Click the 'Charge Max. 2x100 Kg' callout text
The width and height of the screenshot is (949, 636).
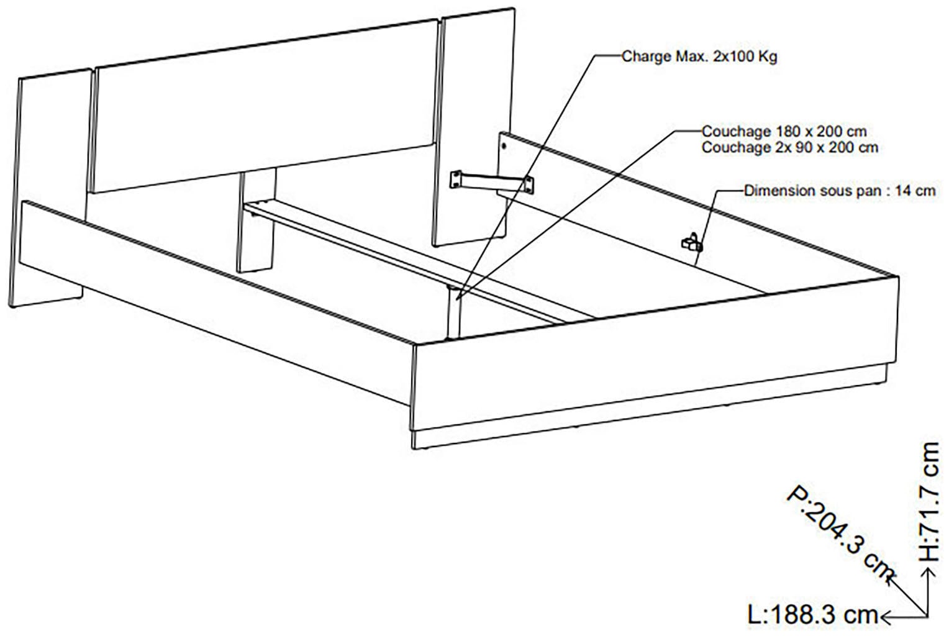pos(699,57)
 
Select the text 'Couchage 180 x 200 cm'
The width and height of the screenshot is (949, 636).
pos(784,132)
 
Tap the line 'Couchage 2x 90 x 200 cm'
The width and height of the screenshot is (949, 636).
pos(789,147)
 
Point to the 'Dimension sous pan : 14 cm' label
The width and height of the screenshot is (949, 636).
pos(840,191)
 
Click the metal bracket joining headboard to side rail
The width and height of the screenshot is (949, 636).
pos(492,180)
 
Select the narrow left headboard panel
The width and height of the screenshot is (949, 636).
pos(50,186)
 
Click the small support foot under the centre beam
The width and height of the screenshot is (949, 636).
pos(453,314)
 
